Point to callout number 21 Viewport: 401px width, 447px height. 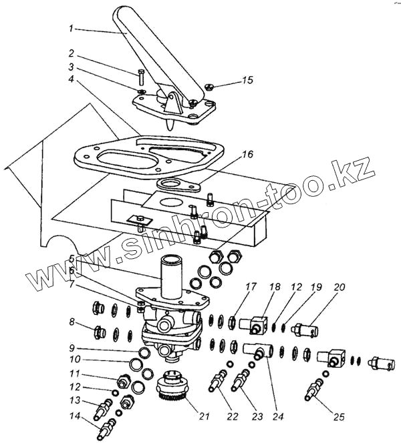[204, 417]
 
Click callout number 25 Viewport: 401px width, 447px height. [340, 418]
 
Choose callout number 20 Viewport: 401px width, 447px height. [340, 288]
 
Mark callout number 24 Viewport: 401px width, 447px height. [278, 417]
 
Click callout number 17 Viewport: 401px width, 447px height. [232, 288]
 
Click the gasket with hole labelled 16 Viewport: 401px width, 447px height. [178, 185]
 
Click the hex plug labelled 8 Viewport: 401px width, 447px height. [100, 330]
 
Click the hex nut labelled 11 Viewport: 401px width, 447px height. [123, 382]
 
